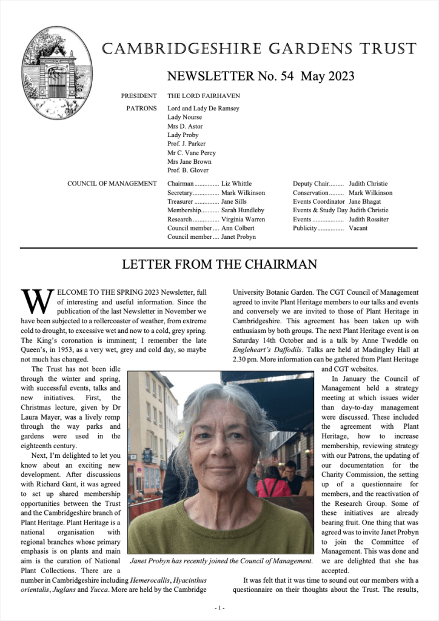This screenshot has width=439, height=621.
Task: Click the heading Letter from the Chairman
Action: (219, 264)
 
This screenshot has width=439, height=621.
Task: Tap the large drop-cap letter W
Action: (35, 300)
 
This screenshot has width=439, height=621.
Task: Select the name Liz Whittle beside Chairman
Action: (236, 184)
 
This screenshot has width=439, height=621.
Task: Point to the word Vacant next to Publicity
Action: (358, 229)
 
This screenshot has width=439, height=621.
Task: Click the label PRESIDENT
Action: (139, 96)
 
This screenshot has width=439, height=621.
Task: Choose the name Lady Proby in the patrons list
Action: (183, 135)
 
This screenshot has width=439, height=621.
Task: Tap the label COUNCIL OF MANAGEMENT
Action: (112, 184)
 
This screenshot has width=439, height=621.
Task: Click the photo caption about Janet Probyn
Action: (221, 561)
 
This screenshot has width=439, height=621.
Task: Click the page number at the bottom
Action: (219, 608)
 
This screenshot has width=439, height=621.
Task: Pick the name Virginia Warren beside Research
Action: (243, 220)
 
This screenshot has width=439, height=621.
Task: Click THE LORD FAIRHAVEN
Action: (203, 96)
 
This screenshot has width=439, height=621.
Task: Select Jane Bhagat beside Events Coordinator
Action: (366, 201)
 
